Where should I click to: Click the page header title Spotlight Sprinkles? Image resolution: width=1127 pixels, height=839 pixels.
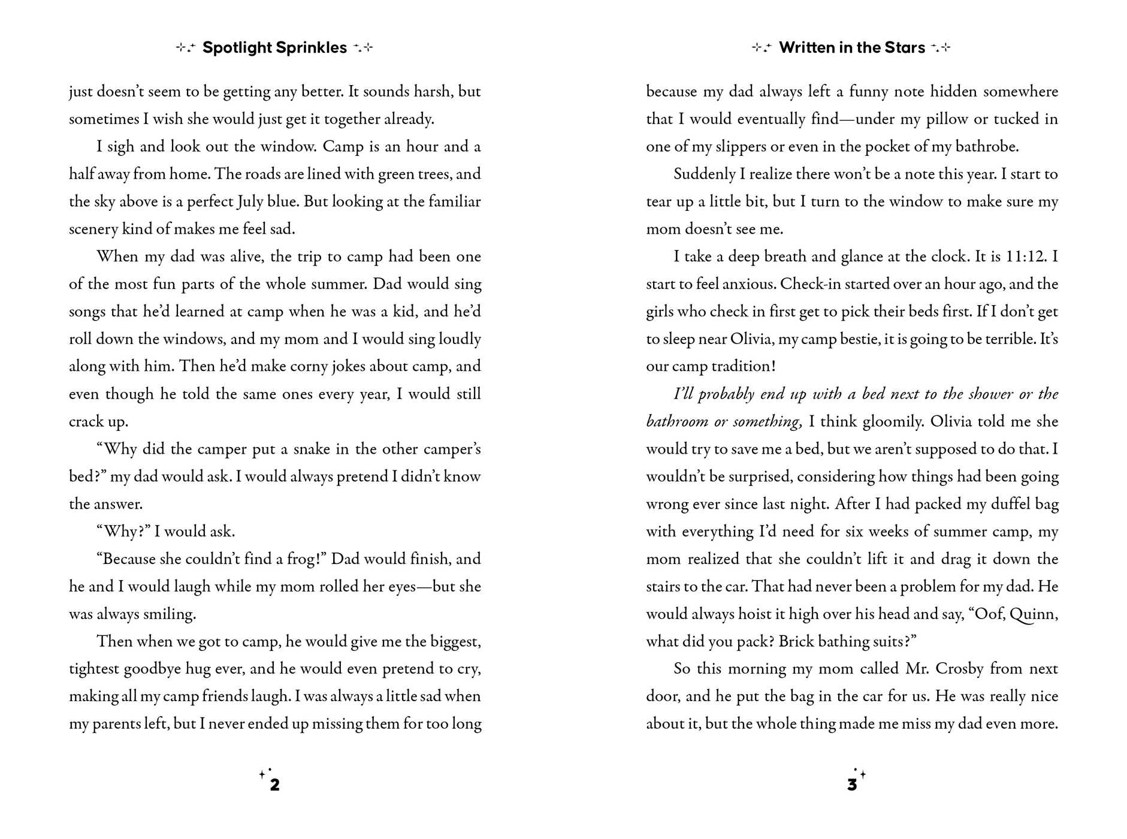[x=274, y=48]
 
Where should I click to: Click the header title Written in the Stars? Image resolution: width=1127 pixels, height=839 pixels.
[x=851, y=48]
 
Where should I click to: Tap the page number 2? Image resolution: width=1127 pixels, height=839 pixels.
[x=274, y=784]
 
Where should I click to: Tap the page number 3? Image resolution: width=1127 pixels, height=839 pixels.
[x=851, y=784]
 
